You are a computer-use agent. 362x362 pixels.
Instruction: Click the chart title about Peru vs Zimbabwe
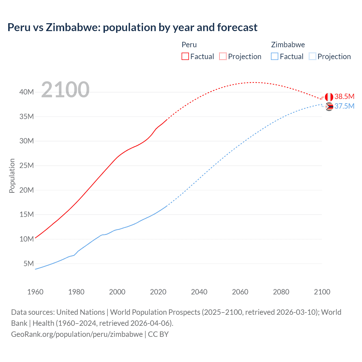click(x=132, y=27)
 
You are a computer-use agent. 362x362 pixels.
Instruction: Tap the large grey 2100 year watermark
click(x=65, y=90)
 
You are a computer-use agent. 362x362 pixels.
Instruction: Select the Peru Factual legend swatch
click(x=185, y=57)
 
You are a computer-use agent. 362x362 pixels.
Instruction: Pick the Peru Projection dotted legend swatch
click(x=223, y=57)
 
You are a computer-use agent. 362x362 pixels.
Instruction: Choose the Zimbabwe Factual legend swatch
click(x=275, y=57)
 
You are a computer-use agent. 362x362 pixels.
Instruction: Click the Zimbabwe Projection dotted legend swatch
click(x=313, y=57)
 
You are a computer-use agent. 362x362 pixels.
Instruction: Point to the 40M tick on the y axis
click(x=27, y=92)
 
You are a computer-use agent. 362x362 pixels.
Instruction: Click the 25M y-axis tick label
click(x=27, y=165)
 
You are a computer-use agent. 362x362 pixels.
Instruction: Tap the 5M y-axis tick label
click(x=29, y=264)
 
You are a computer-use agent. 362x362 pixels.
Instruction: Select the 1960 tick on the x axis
click(x=35, y=292)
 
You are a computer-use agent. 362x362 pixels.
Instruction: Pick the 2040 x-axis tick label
click(x=199, y=292)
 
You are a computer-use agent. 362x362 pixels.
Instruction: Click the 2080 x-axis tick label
click(x=281, y=292)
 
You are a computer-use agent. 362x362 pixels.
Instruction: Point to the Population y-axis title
click(x=12, y=176)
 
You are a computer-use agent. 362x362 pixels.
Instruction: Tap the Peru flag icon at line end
click(x=329, y=97)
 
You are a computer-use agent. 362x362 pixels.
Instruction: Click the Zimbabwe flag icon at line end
click(x=329, y=107)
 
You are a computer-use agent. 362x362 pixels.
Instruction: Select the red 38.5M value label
click(x=344, y=96)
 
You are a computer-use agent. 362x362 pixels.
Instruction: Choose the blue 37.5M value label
click(x=344, y=106)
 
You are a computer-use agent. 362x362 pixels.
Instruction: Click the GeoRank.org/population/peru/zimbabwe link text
click(x=77, y=334)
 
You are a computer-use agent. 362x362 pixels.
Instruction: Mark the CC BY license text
click(x=158, y=334)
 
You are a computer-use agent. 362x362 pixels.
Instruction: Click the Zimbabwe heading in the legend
click(x=288, y=45)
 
